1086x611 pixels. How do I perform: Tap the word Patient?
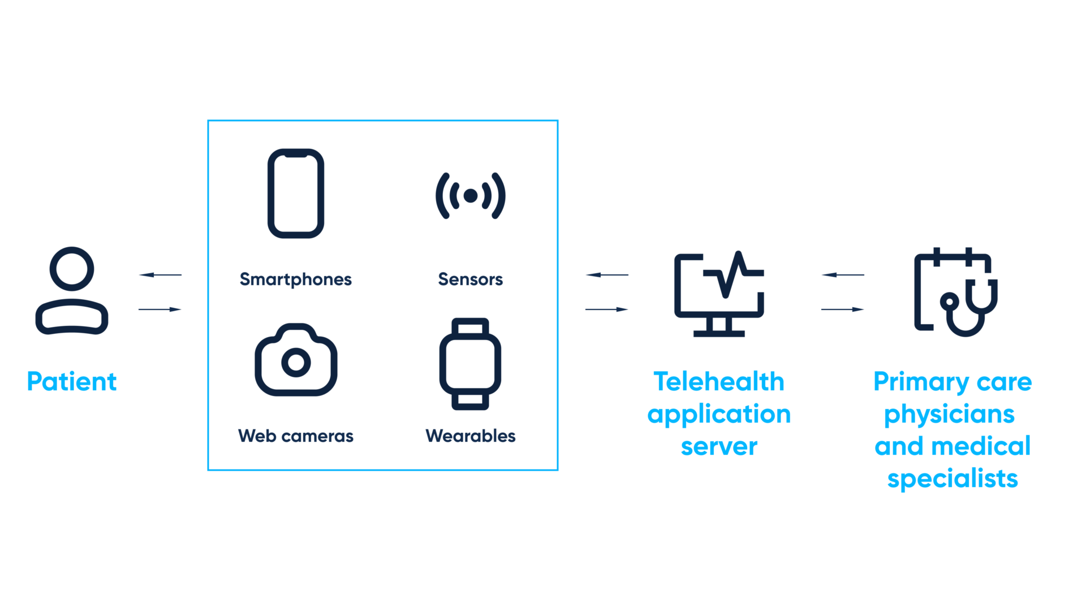click(x=72, y=382)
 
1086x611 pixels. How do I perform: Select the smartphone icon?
click(x=296, y=193)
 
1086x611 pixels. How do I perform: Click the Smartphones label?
click(x=295, y=279)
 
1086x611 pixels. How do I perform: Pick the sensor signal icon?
click(x=470, y=196)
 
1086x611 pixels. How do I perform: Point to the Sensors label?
click(x=470, y=279)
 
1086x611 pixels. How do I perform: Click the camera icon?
click(x=296, y=360)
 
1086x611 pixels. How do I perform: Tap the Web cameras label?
click(x=295, y=436)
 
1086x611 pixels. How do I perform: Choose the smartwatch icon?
click(x=470, y=364)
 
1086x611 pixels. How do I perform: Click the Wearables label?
click(x=470, y=436)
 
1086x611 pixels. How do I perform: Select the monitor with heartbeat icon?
click(x=719, y=294)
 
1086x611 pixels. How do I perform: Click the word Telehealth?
click(x=719, y=382)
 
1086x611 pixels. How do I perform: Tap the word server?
click(x=719, y=447)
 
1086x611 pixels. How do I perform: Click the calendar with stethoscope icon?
click(x=955, y=292)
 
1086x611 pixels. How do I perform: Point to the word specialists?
click(x=953, y=479)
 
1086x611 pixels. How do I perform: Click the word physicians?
click(x=949, y=415)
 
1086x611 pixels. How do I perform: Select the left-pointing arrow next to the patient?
click(x=160, y=275)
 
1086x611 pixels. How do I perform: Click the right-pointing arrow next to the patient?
click(x=160, y=309)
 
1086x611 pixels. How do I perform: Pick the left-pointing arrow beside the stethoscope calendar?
click(x=843, y=275)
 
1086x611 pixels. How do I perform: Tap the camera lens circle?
click(x=296, y=363)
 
